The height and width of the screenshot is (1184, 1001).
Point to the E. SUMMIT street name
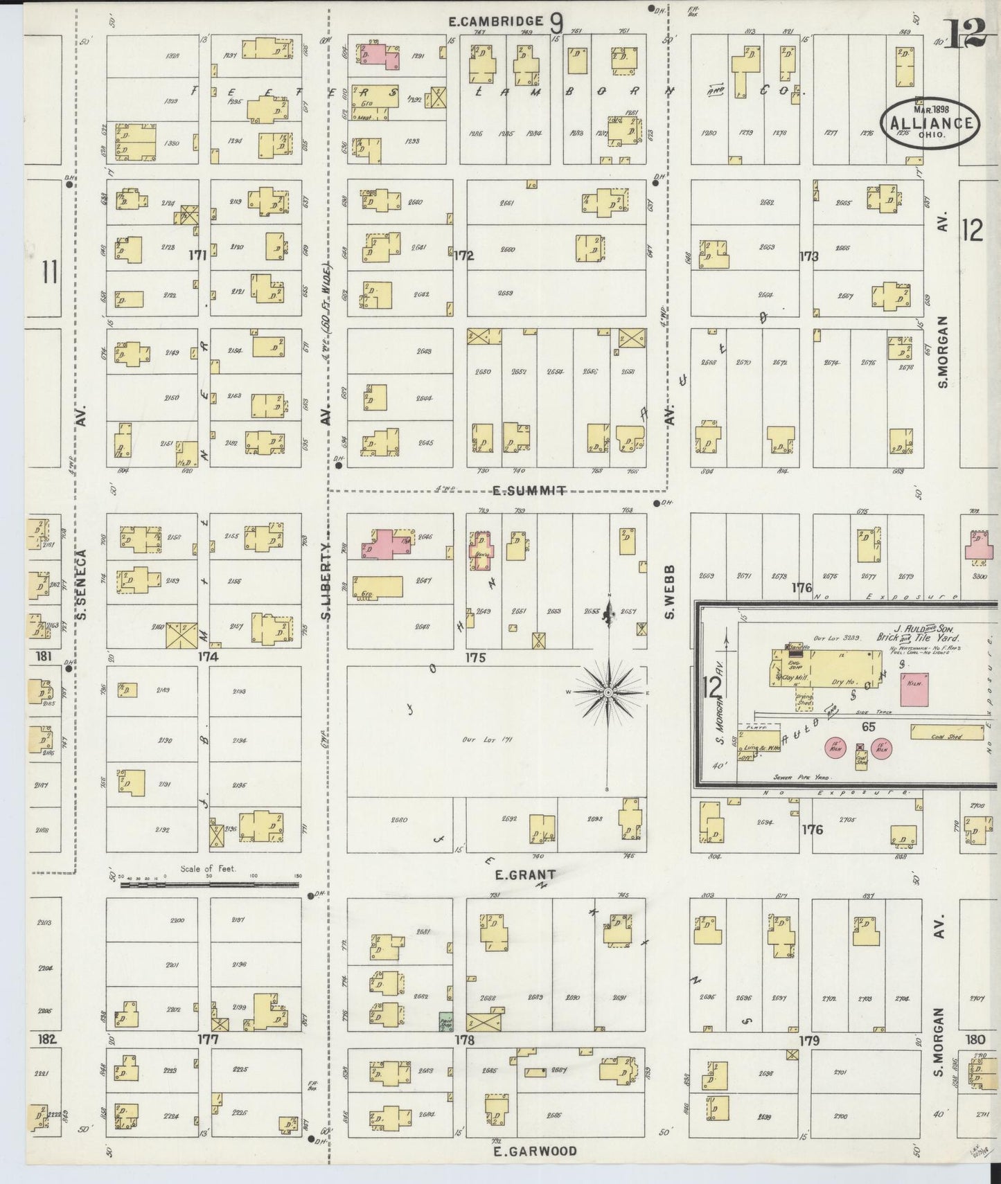[529, 490]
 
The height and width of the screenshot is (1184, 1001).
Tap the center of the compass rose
[608, 692]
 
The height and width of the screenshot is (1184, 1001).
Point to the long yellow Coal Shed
[946, 733]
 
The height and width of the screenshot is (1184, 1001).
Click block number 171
[198, 255]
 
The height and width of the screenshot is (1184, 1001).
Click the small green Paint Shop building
[446, 1021]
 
